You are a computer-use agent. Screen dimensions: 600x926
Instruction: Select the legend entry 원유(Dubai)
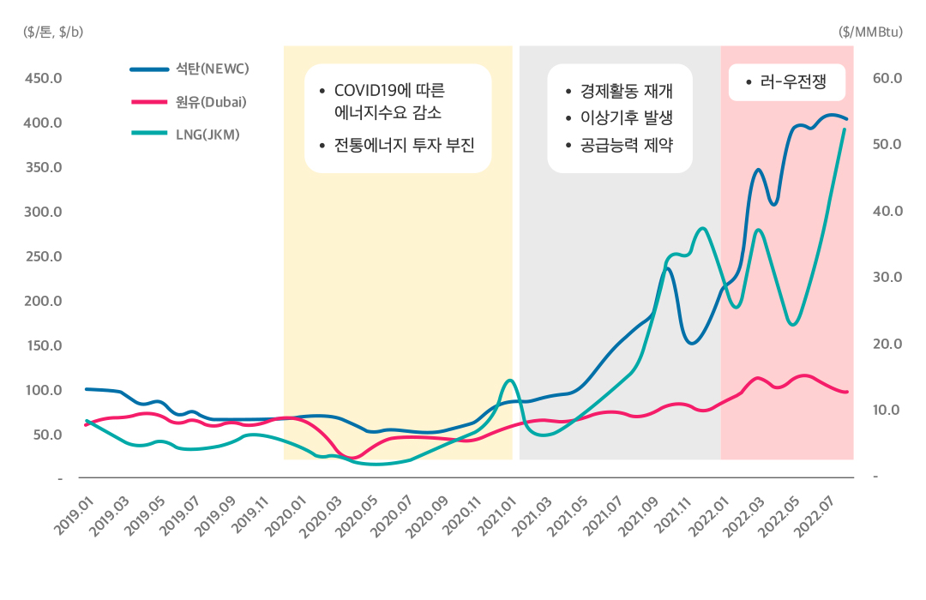(211, 101)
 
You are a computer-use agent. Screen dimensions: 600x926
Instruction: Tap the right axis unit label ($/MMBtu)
(869, 32)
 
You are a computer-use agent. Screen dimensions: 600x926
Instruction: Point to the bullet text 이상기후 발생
(626, 118)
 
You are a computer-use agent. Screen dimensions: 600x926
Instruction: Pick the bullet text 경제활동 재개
(626, 92)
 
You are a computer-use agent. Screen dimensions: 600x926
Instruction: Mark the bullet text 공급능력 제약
(626, 145)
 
